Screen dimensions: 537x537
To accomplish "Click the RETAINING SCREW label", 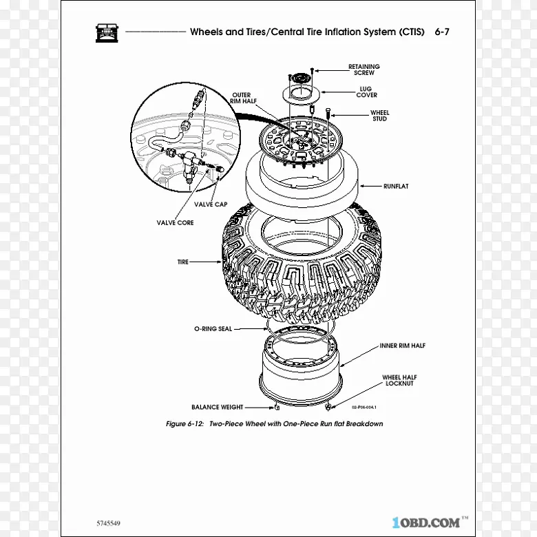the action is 364,70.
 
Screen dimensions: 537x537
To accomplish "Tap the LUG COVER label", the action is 366,92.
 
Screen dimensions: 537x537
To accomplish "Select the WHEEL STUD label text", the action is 379,116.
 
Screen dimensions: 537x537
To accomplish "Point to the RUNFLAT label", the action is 396,187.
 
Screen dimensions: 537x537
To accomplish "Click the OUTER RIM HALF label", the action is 243,98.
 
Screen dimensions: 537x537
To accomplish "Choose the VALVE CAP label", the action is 211,204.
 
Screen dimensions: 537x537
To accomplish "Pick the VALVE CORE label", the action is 175,222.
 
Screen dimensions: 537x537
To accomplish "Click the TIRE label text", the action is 183,262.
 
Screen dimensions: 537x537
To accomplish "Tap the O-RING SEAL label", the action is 213,329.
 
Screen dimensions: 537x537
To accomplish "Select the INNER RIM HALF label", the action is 403,346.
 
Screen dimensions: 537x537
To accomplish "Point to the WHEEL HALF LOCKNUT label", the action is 399,380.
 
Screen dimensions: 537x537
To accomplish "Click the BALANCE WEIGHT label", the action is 217,407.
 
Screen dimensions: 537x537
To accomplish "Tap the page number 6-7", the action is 442,32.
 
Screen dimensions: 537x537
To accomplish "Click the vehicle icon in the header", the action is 107,33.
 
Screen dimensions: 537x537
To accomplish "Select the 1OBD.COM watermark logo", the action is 430,523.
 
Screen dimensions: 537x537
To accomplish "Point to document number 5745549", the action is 108,523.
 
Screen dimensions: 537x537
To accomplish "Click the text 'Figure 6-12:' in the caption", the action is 185,423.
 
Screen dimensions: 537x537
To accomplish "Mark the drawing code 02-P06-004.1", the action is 364,407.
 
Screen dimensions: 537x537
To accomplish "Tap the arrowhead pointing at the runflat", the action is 362,187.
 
